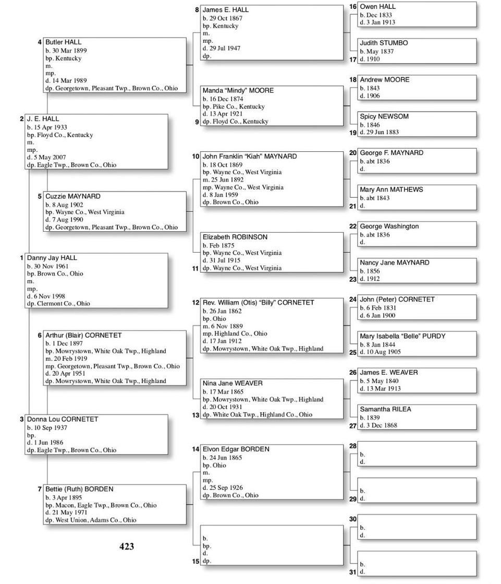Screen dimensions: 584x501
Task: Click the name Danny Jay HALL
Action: coord(52,258)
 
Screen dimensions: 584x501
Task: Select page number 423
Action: coord(127,546)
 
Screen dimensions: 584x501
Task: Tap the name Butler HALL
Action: coord(63,42)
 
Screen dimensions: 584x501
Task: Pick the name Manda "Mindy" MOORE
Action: coord(238,90)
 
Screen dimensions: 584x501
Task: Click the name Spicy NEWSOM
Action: coord(384,116)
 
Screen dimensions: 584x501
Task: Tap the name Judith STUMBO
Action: coord(384,43)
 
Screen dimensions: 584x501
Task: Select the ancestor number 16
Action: coord(353,7)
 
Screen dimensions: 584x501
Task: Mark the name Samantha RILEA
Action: coord(385,409)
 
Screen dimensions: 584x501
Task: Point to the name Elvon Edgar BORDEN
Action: coord(236,449)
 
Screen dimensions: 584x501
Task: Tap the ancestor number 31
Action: coord(353,572)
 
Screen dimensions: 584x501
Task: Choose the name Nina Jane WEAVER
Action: coord(233,383)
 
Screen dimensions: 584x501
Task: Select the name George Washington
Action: coord(389,227)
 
